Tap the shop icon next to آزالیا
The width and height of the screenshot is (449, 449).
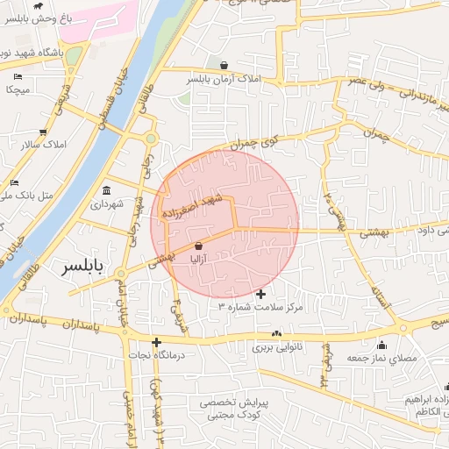point(200,246)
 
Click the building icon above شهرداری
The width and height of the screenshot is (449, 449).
point(107,190)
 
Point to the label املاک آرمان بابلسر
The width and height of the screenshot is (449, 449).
point(224,79)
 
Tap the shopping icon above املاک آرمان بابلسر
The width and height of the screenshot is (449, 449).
point(225,65)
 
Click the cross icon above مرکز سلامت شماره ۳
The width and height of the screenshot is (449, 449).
point(260,294)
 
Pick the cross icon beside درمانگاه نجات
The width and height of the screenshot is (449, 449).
point(156,342)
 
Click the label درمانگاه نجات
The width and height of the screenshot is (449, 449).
point(158,355)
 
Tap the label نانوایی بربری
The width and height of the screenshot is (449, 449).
point(277,347)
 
